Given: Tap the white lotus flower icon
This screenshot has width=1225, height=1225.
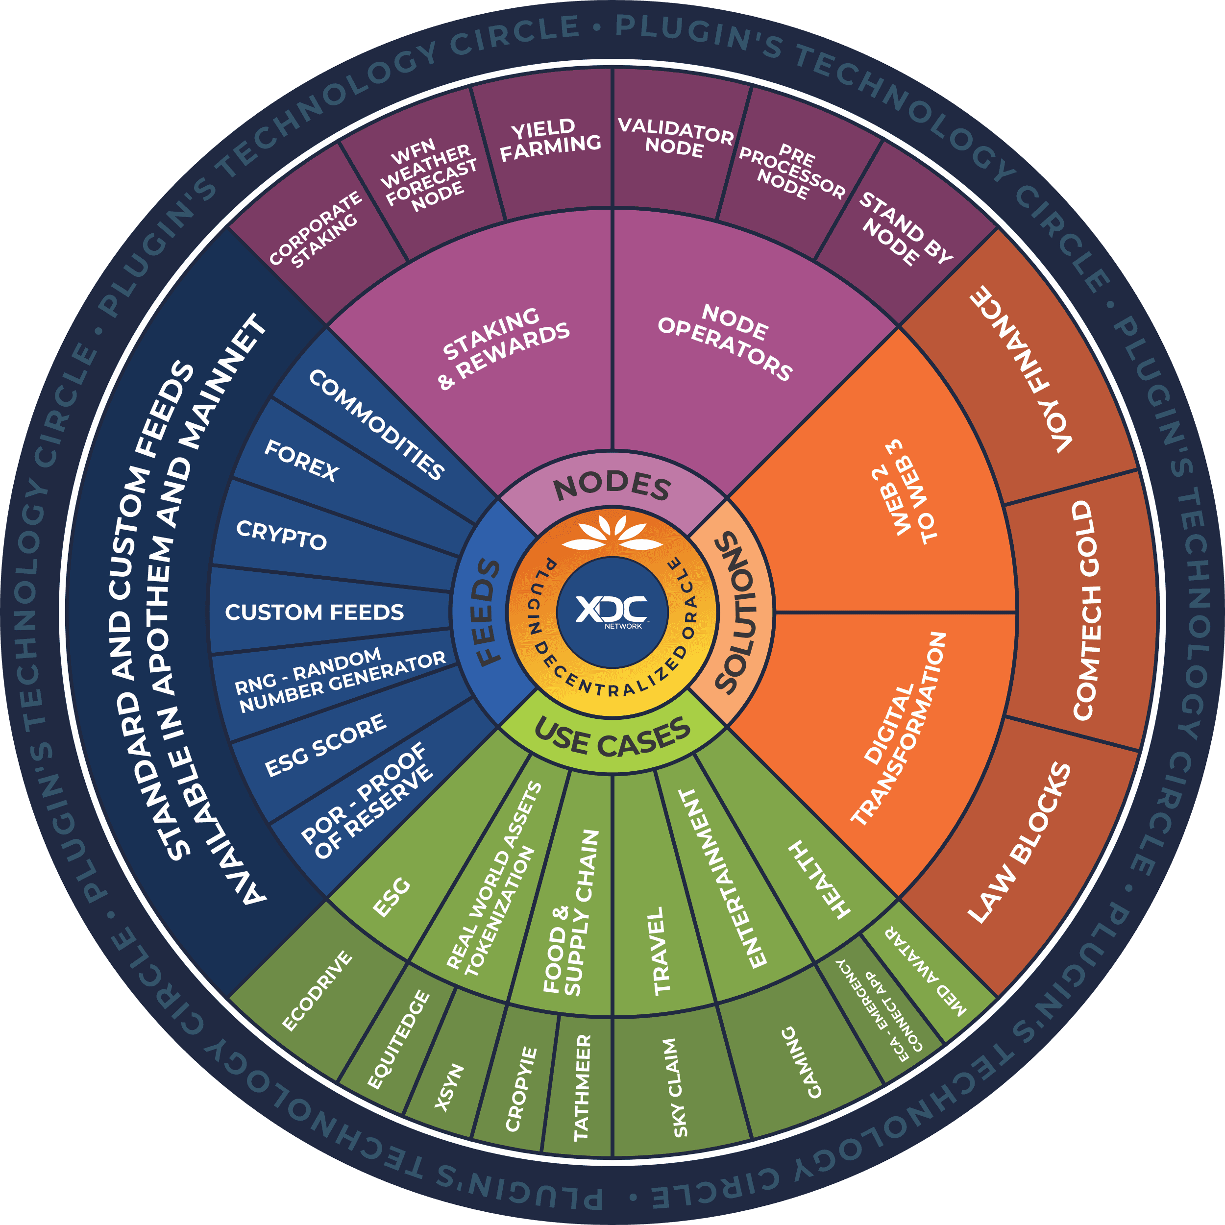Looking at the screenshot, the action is (x=612, y=532).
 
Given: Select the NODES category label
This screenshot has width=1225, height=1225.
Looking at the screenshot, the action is (x=612, y=487).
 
